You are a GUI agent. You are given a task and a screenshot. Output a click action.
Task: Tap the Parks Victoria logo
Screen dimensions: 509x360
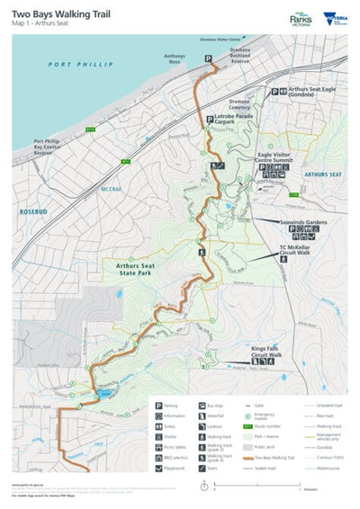pos(301,18)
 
